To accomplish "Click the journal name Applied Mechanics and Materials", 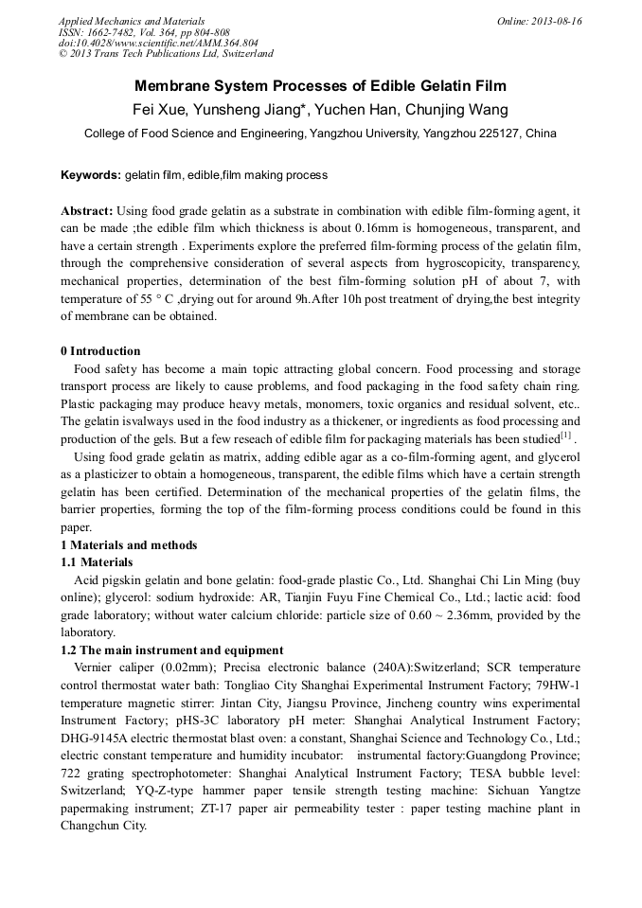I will pyautogui.click(x=132, y=21).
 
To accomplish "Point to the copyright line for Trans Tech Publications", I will pyautogui.click(x=166, y=54).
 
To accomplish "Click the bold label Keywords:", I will pyautogui.click(x=91, y=175).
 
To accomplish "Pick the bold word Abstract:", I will pyautogui.click(x=87, y=210).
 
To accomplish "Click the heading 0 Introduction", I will pyautogui.click(x=100, y=351).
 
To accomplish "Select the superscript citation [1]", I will pyautogui.click(x=566, y=436).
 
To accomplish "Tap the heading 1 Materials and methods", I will pyautogui.click(x=129, y=545).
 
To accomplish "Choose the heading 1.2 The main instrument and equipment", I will pyautogui.click(x=171, y=650).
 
